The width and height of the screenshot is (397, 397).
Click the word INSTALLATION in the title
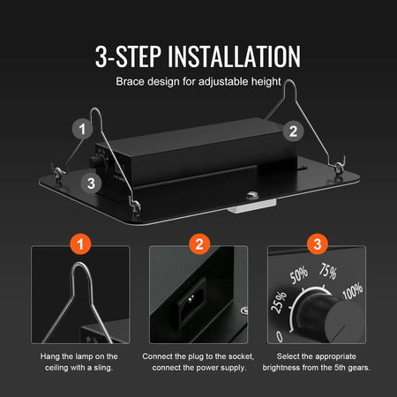pyautogui.click(x=234, y=56)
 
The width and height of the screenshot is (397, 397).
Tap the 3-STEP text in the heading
pyautogui.click(x=128, y=56)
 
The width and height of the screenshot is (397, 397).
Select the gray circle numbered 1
pyautogui.click(x=83, y=129)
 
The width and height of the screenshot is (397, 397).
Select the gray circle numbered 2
pyautogui.click(x=293, y=131)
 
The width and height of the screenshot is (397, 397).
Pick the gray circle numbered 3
pyautogui.click(x=91, y=184)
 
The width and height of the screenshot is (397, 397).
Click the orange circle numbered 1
pyautogui.click(x=80, y=244)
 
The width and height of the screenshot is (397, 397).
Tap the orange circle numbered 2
pyautogui.click(x=199, y=244)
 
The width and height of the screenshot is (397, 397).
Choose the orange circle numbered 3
pyautogui.click(x=318, y=244)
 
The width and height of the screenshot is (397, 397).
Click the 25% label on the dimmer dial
pyautogui.click(x=279, y=302)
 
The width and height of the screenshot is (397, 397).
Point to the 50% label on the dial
pyautogui.click(x=299, y=275)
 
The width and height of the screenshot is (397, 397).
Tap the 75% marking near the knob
pyautogui.click(x=328, y=271)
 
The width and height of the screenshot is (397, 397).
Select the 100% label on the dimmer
pyautogui.click(x=353, y=291)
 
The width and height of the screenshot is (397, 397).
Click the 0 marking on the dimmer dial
pyautogui.click(x=280, y=336)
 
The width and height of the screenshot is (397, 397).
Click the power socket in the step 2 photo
pyautogui.click(x=191, y=303)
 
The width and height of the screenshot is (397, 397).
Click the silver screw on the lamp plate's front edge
pyautogui.click(x=251, y=194)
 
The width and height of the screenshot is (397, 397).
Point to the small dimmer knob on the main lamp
pyautogui.click(x=95, y=161)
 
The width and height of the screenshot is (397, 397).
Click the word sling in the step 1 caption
pyautogui.click(x=103, y=368)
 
